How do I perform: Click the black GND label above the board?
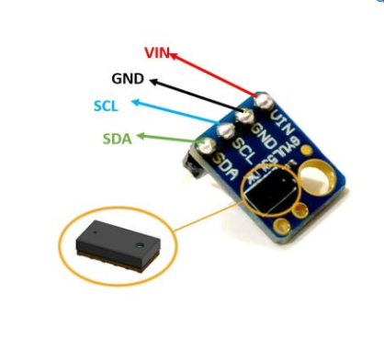(127, 79)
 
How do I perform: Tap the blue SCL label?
(107, 106)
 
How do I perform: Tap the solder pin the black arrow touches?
(245, 116)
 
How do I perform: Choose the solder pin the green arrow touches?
(203, 146)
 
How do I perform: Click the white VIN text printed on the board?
(280, 119)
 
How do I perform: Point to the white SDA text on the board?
(223, 166)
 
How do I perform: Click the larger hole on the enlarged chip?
(138, 247)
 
